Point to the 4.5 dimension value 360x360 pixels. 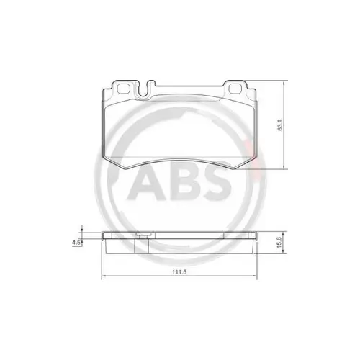pos(76,243)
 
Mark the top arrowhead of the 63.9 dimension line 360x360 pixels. pos(286,82)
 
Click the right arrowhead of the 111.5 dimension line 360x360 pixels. pos(257,279)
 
